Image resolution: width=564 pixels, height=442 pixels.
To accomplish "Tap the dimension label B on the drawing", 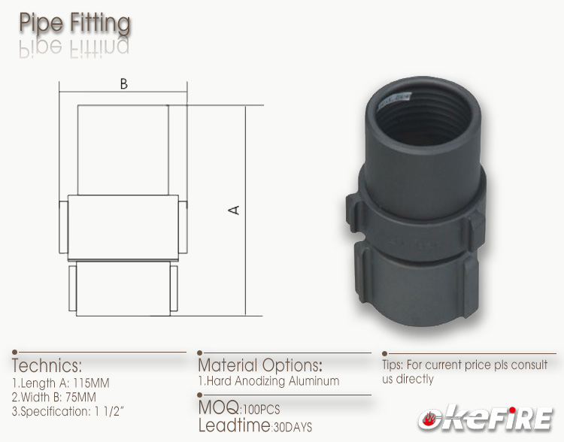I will (x=123, y=84).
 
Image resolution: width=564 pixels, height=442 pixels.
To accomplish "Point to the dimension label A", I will (x=235, y=210).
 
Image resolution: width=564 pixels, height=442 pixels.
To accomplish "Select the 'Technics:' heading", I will (x=47, y=366).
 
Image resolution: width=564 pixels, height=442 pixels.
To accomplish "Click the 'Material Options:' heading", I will (x=260, y=365).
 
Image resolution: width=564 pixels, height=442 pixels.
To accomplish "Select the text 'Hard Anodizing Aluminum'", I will (x=272, y=381).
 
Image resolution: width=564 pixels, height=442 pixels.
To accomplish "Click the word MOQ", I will (x=218, y=407).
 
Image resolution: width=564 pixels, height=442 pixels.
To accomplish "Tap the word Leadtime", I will (x=233, y=426).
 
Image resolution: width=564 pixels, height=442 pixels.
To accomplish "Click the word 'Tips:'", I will (x=394, y=365).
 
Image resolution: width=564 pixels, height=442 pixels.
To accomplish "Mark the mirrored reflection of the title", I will (x=74, y=47).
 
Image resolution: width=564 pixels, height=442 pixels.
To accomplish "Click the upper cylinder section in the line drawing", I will (x=123, y=150).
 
